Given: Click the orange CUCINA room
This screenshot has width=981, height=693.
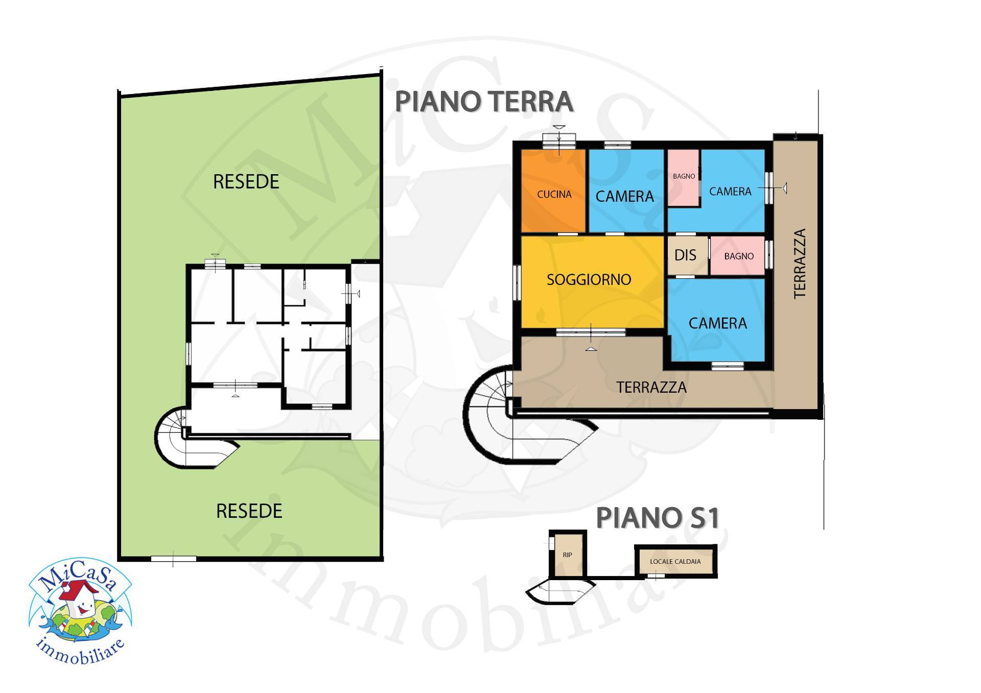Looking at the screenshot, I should click(x=553, y=194).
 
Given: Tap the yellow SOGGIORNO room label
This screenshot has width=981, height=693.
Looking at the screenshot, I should click(x=589, y=279).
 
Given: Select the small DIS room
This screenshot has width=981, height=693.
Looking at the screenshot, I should click(x=685, y=255).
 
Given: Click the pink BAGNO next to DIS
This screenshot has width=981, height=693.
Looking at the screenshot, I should click(x=738, y=256).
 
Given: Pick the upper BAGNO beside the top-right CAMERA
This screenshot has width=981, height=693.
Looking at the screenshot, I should click(x=684, y=177).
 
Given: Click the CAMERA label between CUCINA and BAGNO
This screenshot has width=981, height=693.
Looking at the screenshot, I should click(x=624, y=196).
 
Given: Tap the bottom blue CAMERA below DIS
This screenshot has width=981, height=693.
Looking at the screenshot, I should click(x=717, y=323).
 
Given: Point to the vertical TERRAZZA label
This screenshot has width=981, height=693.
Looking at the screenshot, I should click(x=800, y=264).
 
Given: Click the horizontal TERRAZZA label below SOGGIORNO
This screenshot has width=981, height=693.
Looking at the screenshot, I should click(x=651, y=387).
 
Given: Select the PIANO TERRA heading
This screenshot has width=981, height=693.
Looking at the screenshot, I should click(x=484, y=102).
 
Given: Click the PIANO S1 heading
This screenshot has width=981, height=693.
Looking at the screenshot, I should click(x=658, y=518).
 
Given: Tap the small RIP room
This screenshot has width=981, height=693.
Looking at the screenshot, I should click(x=567, y=555).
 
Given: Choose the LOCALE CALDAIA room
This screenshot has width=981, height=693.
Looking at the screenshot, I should click(x=675, y=561).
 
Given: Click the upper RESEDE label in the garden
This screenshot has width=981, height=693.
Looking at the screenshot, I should click(x=246, y=182).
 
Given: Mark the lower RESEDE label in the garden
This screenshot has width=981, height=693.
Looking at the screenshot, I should click(x=249, y=511).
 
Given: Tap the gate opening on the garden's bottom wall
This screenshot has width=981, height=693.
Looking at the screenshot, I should click(x=173, y=559).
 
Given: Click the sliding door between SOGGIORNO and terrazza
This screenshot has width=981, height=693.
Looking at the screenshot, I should click(x=591, y=332).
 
